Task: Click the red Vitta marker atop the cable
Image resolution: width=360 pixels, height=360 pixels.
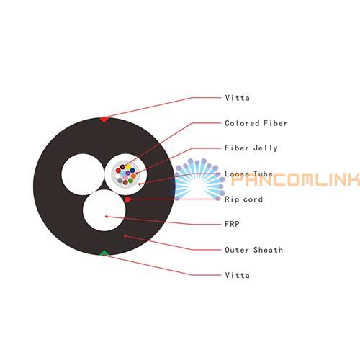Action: [x=104, y=119]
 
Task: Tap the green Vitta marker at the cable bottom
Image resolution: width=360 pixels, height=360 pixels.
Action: [x=104, y=253]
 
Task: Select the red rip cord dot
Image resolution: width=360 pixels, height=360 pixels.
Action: [x=127, y=199]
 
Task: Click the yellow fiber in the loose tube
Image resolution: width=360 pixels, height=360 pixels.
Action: [x=128, y=166]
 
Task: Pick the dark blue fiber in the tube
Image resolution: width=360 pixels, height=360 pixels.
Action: [x=132, y=171]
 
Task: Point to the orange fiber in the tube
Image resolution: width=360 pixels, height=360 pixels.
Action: [x=133, y=176]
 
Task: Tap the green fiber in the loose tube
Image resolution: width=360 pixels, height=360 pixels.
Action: [x=130, y=181]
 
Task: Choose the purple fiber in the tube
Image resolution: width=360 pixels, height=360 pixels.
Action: [x=128, y=173]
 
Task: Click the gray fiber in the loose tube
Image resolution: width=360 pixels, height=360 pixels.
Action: [x=120, y=180]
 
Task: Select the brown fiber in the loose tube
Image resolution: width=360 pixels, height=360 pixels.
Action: [x=125, y=182]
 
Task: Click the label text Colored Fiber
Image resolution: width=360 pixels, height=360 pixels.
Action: [x=256, y=123]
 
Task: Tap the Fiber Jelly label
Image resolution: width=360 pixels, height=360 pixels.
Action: [x=251, y=148]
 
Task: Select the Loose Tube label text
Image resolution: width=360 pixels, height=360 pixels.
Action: [x=248, y=174]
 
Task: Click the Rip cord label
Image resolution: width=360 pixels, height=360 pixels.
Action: [x=243, y=199]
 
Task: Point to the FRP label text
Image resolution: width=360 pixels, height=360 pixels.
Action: [x=232, y=224]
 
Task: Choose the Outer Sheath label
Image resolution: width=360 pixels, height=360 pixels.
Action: [x=254, y=250]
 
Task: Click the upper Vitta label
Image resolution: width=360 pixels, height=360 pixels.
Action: [x=237, y=98]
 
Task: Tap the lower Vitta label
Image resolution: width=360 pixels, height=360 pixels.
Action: [x=237, y=275]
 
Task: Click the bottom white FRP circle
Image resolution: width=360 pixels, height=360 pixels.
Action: [x=104, y=210]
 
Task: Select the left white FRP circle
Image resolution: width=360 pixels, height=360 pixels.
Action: [x=83, y=174]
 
